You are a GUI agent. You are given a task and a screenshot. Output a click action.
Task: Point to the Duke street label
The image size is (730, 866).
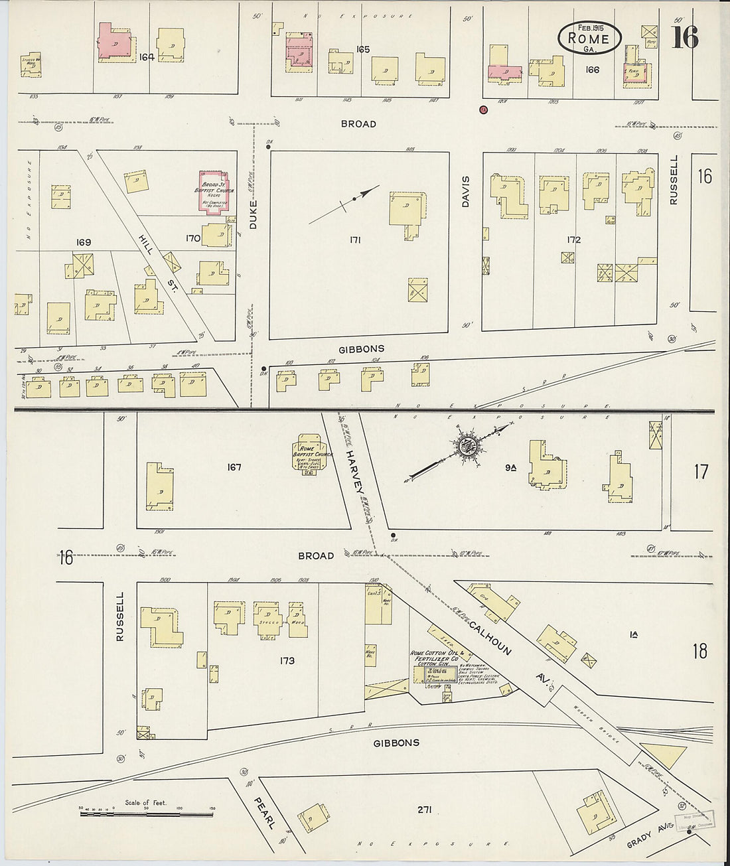(x=253, y=215)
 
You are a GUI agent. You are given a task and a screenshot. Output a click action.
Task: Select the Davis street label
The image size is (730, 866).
(x=465, y=191)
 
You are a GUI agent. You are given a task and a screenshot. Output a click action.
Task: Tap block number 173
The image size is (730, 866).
(x=287, y=660)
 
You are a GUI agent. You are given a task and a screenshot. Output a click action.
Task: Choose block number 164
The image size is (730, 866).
(x=147, y=57)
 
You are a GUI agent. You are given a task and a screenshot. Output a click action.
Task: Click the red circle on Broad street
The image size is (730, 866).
(x=483, y=109)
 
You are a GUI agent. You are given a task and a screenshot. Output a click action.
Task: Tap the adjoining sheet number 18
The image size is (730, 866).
(x=700, y=650)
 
